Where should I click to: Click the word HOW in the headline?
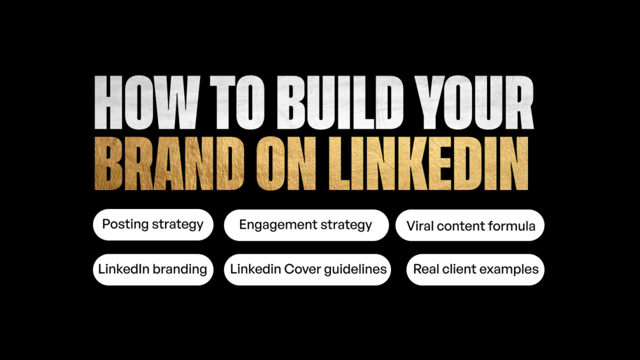[147, 103]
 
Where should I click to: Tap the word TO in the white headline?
[235, 103]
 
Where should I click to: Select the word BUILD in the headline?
[341, 103]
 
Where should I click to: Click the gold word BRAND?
[169, 163]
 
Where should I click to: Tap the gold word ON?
[286, 163]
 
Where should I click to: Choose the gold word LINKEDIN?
[429, 163]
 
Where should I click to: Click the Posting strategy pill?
[153, 224]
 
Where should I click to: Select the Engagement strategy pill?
[306, 225]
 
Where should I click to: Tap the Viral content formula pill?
[470, 226]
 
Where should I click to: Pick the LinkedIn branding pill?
[153, 270]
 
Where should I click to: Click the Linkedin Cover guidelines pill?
[308, 270]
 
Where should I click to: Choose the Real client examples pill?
[475, 270]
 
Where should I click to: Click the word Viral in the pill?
[420, 226]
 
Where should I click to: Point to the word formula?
[511, 226]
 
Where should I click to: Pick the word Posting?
[125, 224]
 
